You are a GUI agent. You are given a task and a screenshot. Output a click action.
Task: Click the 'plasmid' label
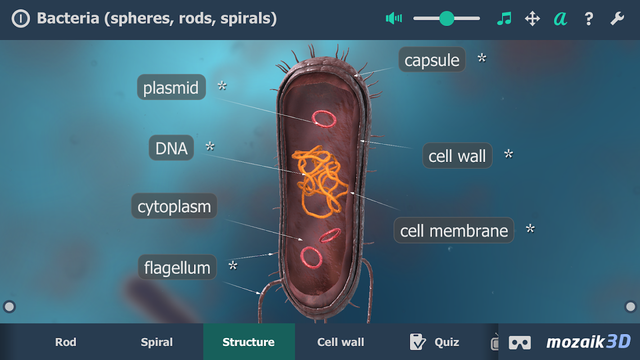point(171,87)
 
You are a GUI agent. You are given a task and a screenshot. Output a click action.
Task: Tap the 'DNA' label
point(171,148)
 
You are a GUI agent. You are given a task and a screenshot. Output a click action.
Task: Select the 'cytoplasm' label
point(174,207)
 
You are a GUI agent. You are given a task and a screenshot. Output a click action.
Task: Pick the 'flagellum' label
point(177,267)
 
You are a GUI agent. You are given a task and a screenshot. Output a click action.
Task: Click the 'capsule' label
point(432,60)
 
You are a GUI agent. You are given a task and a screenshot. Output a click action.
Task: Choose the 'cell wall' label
point(457,156)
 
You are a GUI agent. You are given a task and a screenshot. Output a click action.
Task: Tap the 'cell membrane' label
point(454,230)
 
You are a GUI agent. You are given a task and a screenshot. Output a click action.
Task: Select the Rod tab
point(66,342)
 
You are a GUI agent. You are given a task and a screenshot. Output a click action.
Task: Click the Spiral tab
point(157,342)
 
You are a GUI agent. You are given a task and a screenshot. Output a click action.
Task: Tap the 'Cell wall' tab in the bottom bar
point(341,342)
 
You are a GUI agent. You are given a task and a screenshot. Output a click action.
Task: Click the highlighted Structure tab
point(248,342)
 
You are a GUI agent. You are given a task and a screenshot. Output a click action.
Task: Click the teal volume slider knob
point(446,18)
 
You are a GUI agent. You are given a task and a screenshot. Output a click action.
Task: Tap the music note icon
point(504,18)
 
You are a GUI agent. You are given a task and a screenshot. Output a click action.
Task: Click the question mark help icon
point(588,18)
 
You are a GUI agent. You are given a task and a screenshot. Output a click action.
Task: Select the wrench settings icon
point(617,18)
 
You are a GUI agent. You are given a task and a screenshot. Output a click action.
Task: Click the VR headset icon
point(520,342)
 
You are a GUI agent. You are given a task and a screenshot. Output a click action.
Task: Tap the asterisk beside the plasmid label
point(222,86)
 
